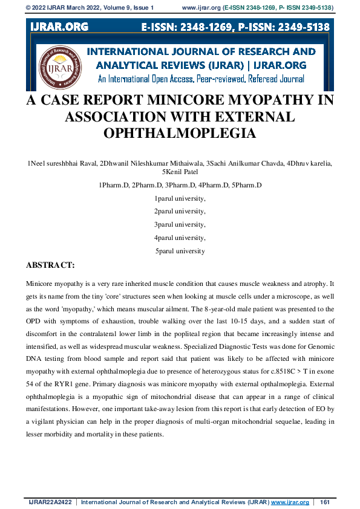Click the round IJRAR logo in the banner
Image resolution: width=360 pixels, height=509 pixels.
tap(61, 65)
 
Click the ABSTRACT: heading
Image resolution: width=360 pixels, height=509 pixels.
tap(51, 265)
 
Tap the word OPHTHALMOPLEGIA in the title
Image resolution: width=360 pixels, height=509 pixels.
tap(180, 133)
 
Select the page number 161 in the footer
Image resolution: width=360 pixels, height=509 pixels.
tap(324, 502)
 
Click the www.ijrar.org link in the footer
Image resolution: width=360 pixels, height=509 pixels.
tap(290, 502)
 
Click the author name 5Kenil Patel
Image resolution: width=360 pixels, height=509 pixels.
tap(180, 172)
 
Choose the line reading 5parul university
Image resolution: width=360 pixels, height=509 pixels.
tap(180, 251)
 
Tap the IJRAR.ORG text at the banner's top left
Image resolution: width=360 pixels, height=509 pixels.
tap(58, 27)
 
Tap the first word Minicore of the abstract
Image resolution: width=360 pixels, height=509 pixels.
tap(42, 283)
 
